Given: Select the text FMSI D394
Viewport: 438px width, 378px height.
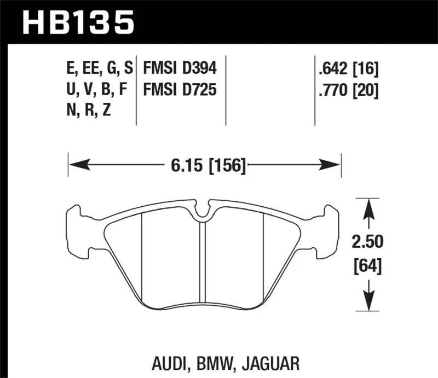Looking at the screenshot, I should pyautogui.click(x=180, y=68).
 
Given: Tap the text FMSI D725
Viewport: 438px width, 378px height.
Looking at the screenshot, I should pyautogui.click(x=180, y=89).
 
